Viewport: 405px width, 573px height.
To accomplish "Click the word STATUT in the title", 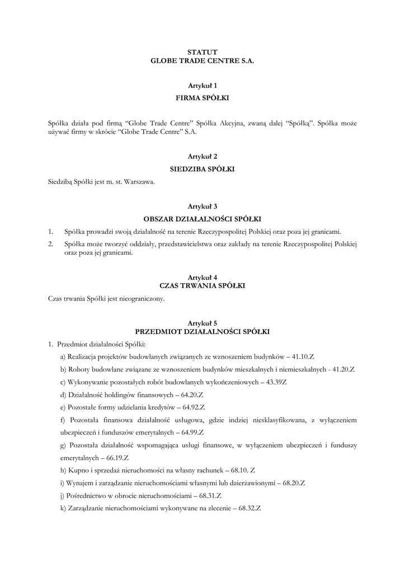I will [x=202, y=51].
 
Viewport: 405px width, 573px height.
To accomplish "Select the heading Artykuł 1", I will [x=202, y=86].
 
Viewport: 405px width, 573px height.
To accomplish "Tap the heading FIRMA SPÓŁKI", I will [x=202, y=98].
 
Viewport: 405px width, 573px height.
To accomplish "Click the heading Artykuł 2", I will [x=202, y=156].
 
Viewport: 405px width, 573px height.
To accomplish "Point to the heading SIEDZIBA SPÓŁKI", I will [x=202, y=168].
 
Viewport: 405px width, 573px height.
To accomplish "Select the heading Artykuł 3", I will [x=202, y=206].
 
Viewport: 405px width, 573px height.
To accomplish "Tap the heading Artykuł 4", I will [x=202, y=277].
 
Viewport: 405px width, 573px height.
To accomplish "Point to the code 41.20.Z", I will [x=350, y=370].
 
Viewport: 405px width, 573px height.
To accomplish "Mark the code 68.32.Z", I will [x=249, y=509].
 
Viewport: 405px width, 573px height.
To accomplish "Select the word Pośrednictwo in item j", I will [x=85, y=496].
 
